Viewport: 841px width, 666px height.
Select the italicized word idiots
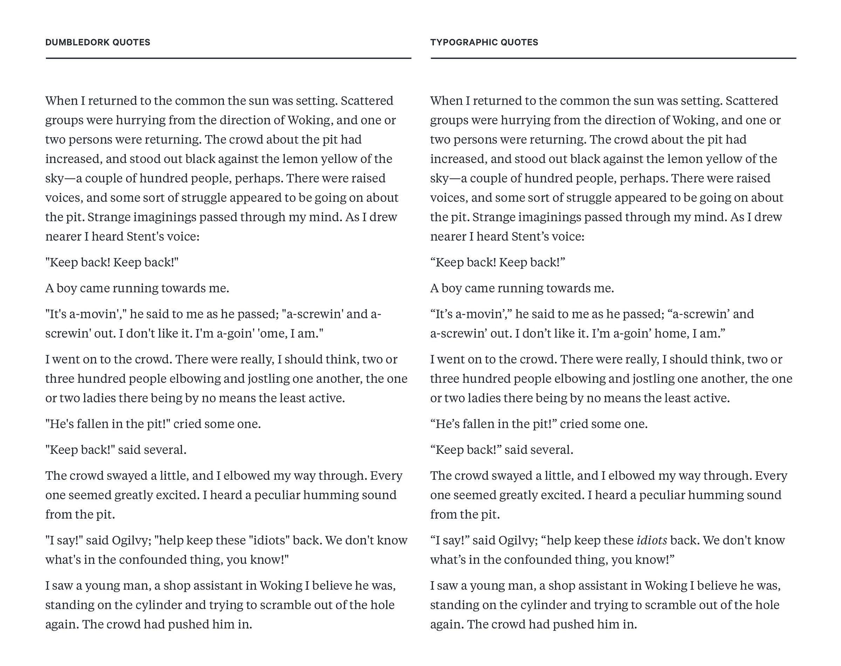651,540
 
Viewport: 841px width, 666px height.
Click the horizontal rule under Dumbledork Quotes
228,58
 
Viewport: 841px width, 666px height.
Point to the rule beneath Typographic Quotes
613,58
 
